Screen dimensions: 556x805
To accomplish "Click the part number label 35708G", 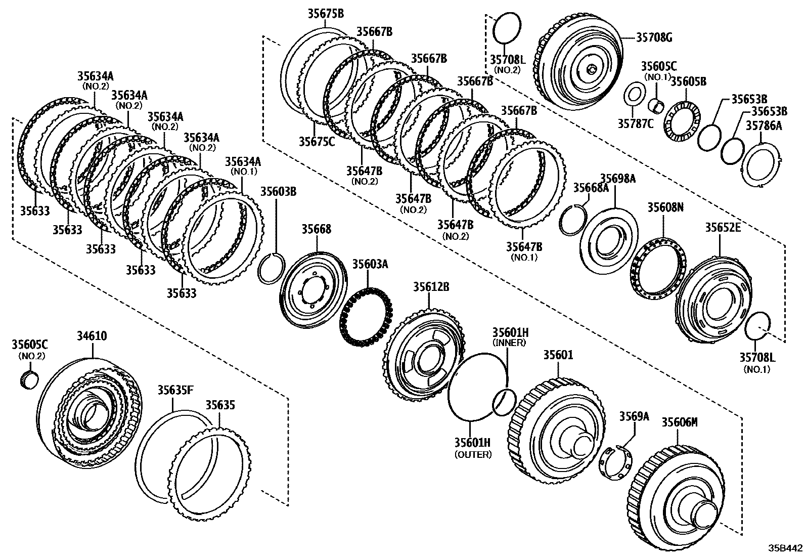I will (654, 37).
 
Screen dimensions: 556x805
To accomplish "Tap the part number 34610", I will (93, 336).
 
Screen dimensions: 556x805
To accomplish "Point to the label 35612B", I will (431, 287).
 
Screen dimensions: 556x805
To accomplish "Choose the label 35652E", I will (723, 228).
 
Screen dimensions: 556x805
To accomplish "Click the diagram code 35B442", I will (785, 548).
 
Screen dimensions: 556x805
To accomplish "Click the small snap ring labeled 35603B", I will (272, 269).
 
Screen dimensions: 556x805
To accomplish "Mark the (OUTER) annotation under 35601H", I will (473, 454).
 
